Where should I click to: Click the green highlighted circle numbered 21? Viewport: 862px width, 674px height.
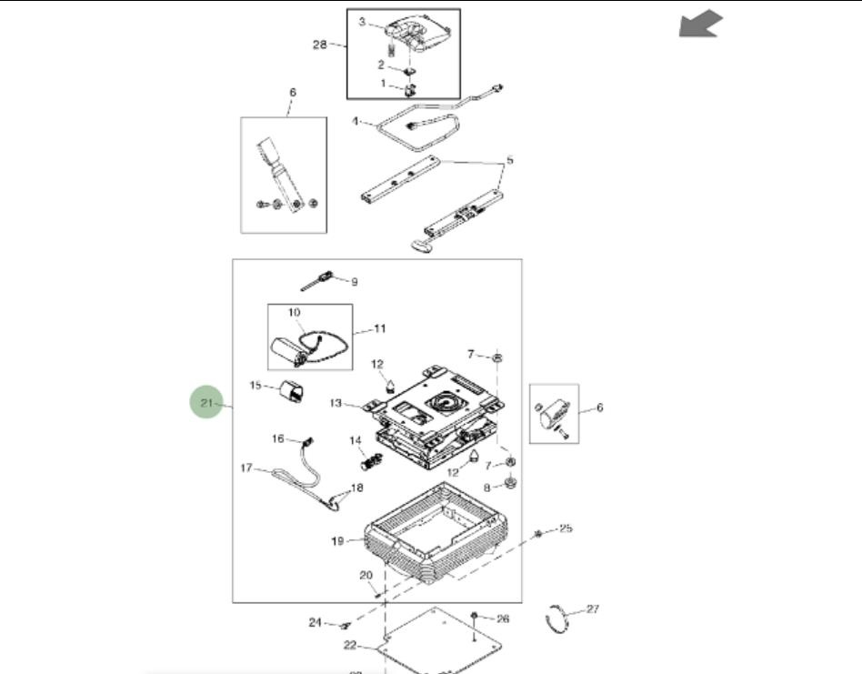pyautogui.click(x=205, y=402)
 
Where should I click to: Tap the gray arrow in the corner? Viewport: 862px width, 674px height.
pyautogui.click(x=700, y=25)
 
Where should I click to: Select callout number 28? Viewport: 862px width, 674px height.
pyautogui.click(x=320, y=44)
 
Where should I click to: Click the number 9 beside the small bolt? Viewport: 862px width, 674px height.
pyautogui.click(x=354, y=282)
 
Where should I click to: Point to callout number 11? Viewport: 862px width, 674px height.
pyautogui.click(x=380, y=327)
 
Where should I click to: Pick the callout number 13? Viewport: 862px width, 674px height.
pyautogui.click(x=335, y=403)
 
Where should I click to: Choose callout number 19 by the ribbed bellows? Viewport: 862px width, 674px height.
pyautogui.click(x=336, y=541)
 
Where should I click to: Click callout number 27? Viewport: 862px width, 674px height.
pyautogui.click(x=593, y=609)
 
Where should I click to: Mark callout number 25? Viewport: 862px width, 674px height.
pyautogui.click(x=566, y=528)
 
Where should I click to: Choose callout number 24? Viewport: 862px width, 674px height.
pyautogui.click(x=315, y=622)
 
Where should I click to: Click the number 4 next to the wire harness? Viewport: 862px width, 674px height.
pyautogui.click(x=356, y=119)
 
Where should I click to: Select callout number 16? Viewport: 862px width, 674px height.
pyautogui.click(x=278, y=438)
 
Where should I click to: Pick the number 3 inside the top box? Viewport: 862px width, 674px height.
pyautogui.click(x=362, y=22)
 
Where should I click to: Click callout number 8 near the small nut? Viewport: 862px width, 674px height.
pyautogui.click(x=486, y=487)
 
